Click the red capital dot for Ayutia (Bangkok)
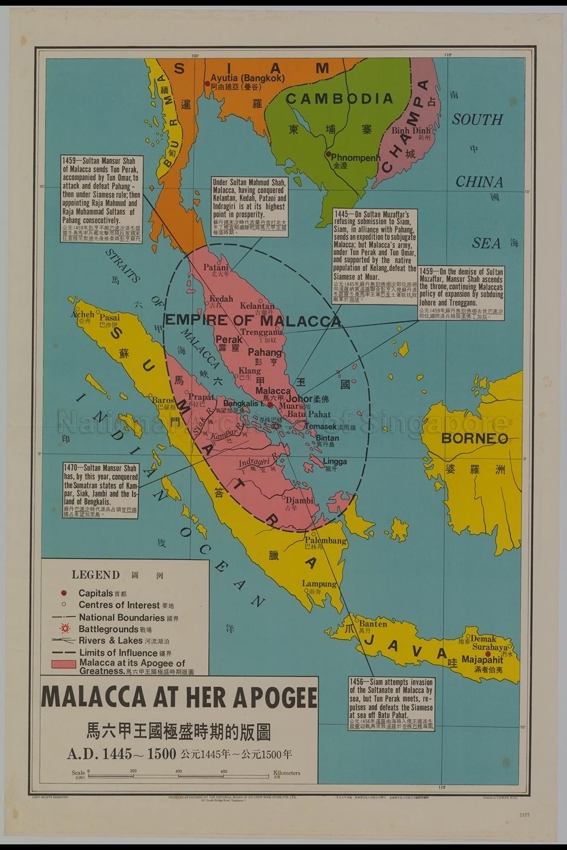[x=207, y=84]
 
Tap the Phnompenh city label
[x=355, y=158]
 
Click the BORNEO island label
[x=475, y=439]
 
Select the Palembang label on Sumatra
[x=326, y=541]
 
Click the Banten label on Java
[x=373, y=624]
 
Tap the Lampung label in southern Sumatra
[x=319, y=584]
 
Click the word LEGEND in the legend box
[x=95, y=574]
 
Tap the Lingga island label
[x=335, y=462]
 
